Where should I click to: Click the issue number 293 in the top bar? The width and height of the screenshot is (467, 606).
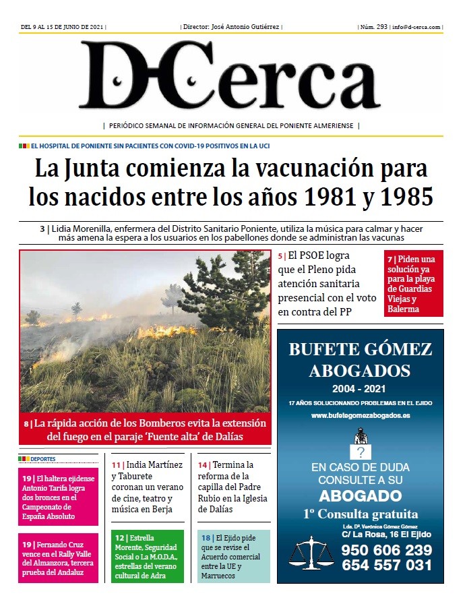pyautogui.click(x=382, y=27)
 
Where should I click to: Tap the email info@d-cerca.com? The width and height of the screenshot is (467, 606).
pyautogui.click(x=416, y=27)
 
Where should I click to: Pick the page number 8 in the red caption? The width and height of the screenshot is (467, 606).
pyautogui.click(x=26, y=424)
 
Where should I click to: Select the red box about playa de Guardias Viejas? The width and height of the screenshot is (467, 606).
pyautogui.click(x=414, y=284)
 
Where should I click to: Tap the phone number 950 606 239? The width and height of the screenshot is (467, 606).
pyautogui.click(x=386, y=550)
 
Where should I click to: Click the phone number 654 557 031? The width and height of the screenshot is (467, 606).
pyautogui.click(x=386, y=566)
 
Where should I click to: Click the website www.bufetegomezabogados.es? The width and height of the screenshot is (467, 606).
pyautogui.click(x=361, y=416)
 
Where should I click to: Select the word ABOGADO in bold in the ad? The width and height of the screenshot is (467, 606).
pyautogui.click(x=360, y=496)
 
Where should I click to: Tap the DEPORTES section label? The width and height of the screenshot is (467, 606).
pyautogui.click(x=42, y=458)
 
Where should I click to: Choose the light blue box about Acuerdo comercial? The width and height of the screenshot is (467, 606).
pyautogui.click(x=234, y=557)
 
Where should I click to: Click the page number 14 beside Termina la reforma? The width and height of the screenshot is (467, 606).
pyautogui.click(x=203, y=465)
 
